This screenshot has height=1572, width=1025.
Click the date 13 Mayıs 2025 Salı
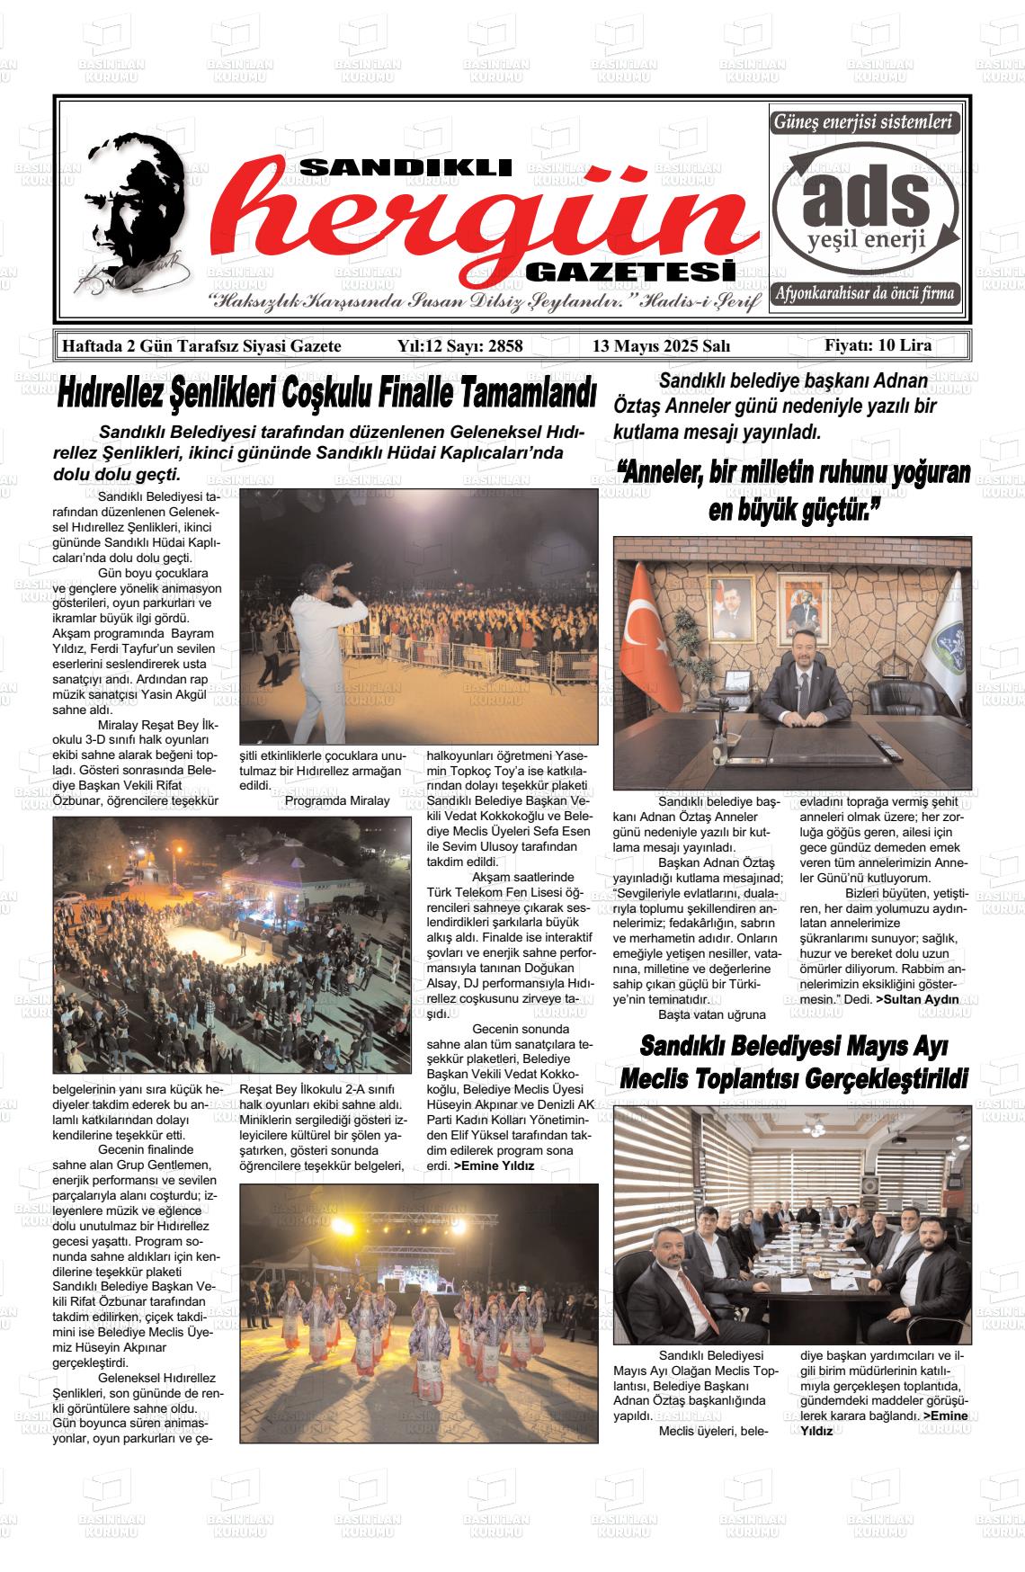point(661,346)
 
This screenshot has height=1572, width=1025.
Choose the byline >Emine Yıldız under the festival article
point(494,1166)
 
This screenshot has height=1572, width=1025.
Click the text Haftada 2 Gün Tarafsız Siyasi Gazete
point(199,346)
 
